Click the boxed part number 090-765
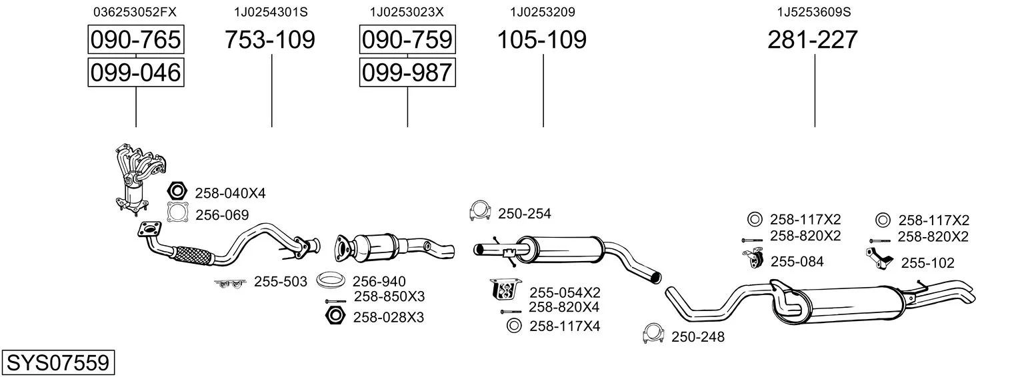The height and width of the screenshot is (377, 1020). [x=136, y=39]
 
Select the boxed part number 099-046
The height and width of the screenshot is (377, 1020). [x=136, y=73]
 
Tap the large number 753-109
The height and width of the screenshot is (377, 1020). [x=270, y=39]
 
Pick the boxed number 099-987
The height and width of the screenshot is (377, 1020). [x=407, y=73]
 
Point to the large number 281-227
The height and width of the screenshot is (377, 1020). [x=813, y=39]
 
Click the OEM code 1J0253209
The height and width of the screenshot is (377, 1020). [x=543, y=12]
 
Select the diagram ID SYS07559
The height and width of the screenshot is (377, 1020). [x=58, y=362]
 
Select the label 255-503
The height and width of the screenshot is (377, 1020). [x=281, y=282]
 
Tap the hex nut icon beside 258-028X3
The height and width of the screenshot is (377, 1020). [x=335, y=315]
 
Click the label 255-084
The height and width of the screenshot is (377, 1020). [x=797, y=262]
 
